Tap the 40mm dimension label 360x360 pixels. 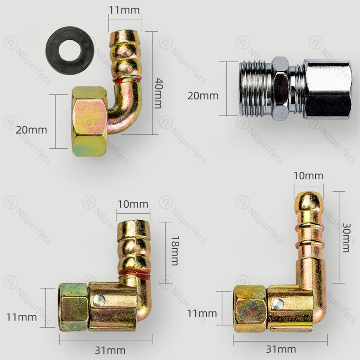coord(159,93)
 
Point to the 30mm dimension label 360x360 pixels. coord(346,238)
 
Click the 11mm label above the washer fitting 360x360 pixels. coord(124,9)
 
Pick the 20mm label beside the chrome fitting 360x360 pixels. coord(203,96)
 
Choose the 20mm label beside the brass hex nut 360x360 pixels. coord(31,130)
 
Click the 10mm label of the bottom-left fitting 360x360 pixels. coord(133,204)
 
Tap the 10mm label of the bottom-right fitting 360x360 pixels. coord(308,175)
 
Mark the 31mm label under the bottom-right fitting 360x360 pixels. coord(281,349)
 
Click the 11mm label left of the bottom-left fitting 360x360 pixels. coord(21,317)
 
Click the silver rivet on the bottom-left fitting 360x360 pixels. coord(99,300)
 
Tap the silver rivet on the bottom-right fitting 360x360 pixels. coord(278,303)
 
